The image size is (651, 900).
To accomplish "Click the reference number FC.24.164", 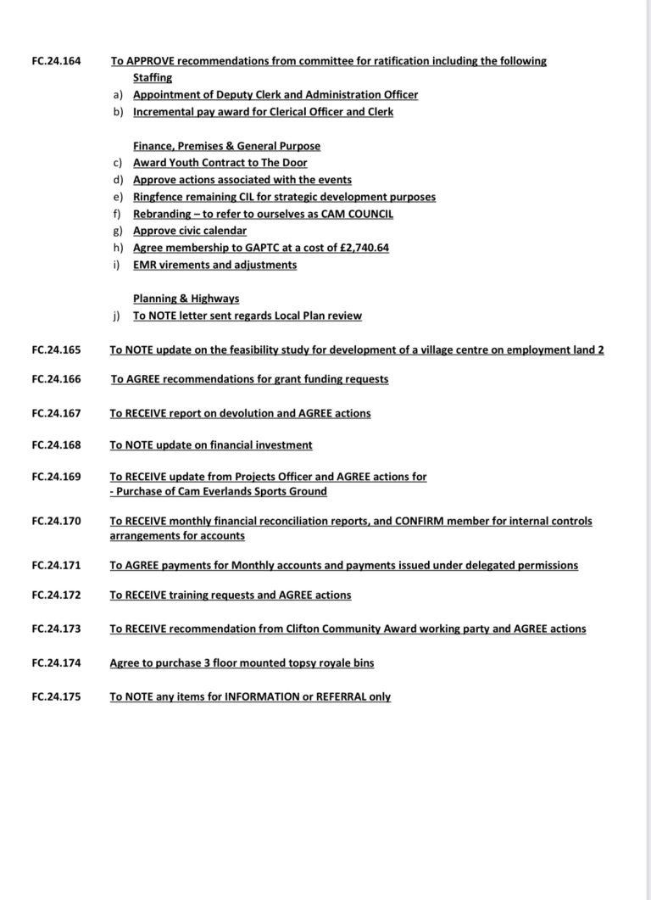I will (55, 61).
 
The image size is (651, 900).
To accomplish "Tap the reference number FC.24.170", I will (55, 521).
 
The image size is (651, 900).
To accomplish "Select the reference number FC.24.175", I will (55, 696).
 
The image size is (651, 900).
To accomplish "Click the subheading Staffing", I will (153, 78).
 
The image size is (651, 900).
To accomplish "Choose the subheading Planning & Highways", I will (186, 299).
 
